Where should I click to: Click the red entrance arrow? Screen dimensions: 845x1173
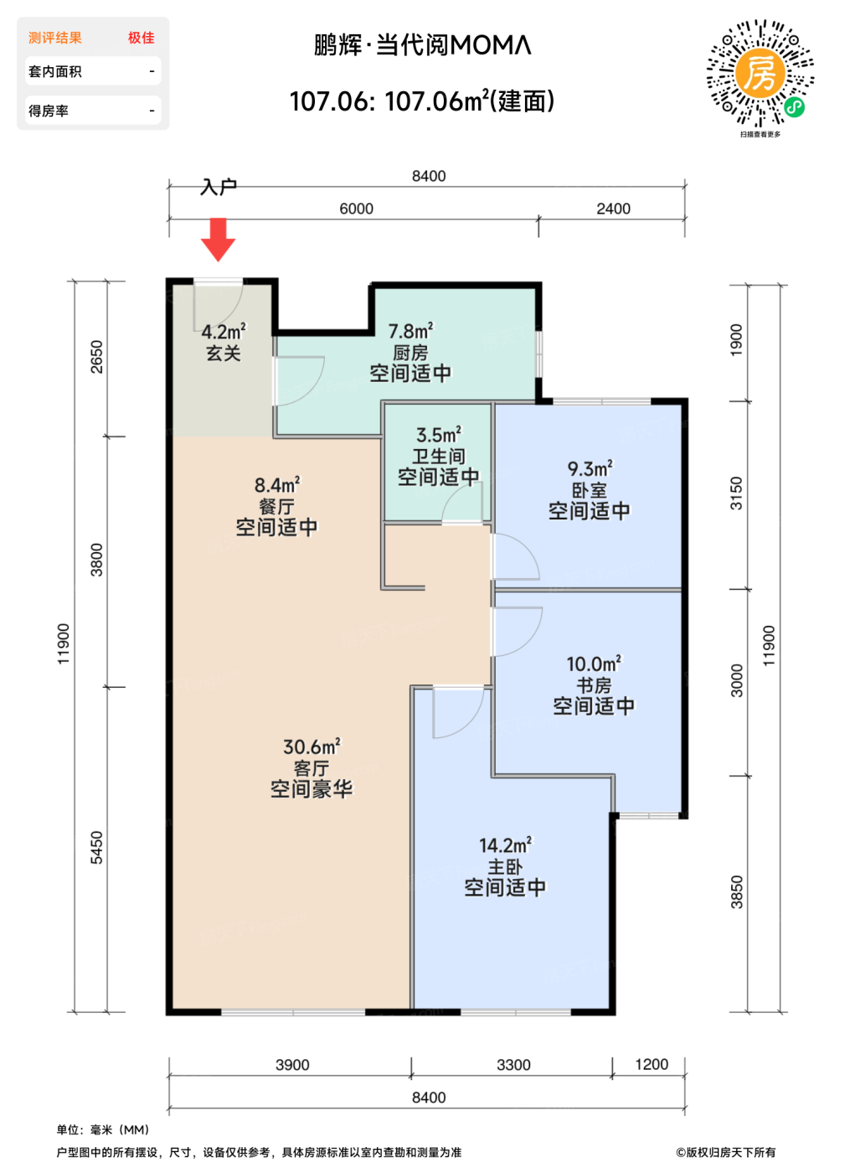tap(218, 240)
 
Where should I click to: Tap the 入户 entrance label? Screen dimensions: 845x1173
tap(219, 187)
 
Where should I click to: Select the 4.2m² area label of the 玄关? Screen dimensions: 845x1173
tap(224, 332)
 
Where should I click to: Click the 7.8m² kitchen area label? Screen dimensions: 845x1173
tap(410, 331)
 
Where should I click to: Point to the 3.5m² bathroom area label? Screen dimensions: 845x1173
tap(439, 435)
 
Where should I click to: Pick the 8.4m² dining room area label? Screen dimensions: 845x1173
tap(277, 485)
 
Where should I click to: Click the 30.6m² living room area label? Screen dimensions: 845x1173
tap(312, 747)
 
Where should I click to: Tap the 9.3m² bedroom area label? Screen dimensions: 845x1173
tap(590, 468)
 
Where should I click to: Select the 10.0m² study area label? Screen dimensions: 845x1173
tap(594, 664)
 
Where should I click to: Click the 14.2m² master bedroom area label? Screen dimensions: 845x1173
tap(505, 845)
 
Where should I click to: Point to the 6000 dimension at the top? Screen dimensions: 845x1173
tap(356, 209)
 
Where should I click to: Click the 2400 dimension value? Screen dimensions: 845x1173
tap(613, 209)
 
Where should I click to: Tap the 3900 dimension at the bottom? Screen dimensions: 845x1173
tap(292, 1065)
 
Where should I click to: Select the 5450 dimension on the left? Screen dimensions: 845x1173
tap(97, 848)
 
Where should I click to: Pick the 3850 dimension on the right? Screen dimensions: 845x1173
tap(737, 892)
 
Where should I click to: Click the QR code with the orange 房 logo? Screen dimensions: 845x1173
tap(760, 74)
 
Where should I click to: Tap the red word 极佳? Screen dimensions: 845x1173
tap(141, 38)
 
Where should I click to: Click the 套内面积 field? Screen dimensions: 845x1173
tap(93, 71)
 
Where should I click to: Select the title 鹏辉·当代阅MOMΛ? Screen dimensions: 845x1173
tap(422, 45)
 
